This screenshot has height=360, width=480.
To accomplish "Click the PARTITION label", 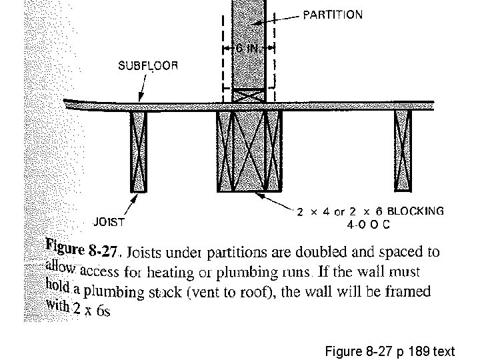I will [333, 15].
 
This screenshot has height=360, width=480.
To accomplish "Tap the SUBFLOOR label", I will [148, 65].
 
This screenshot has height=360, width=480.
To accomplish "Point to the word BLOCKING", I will [415, 211].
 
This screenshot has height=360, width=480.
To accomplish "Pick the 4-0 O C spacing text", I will [368, 225].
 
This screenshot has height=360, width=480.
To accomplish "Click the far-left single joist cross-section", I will [138, 151].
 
